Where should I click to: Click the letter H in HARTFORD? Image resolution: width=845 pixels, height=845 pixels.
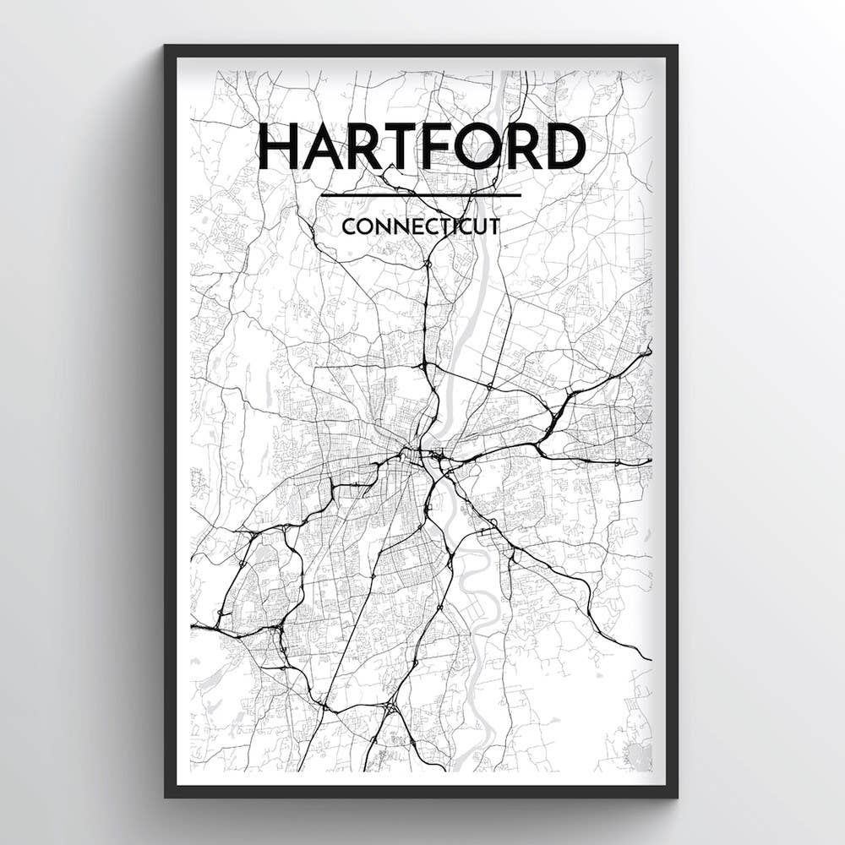[x=278, y=146]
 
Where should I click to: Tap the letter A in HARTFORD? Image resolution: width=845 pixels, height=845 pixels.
[x=319, y=146]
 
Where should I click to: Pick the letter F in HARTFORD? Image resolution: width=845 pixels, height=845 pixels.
[x=433, y=146]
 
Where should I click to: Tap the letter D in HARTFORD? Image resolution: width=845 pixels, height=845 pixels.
[x=564, y=146]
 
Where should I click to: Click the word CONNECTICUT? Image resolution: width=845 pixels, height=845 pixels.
[x=421, y=226]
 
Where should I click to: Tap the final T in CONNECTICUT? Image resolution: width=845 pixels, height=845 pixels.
[x=493, y=226]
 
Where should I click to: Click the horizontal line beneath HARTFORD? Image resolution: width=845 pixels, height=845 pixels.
[x=421, y=195]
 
